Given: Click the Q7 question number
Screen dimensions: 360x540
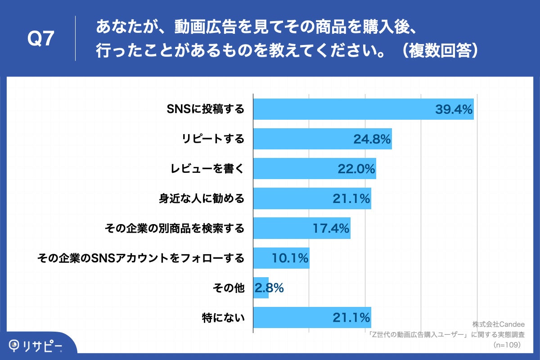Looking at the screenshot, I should [41, 39].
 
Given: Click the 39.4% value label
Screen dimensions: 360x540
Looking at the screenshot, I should [454, 109].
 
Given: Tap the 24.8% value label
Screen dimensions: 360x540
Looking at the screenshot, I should [372, 139].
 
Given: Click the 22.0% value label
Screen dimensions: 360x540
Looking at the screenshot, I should [356, 168].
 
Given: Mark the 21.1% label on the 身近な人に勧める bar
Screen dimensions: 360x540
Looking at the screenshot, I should [351, 198].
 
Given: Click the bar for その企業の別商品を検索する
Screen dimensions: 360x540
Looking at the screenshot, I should [301, 228].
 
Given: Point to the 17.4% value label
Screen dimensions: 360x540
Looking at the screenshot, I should [331, 228].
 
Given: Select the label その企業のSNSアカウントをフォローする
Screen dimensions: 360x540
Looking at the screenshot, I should [141, 258].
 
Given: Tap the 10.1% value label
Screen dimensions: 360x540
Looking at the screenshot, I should [290, 258].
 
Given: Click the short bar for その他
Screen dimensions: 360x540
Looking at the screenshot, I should [261, 288].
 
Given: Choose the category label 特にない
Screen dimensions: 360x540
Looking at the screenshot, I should [223, 318].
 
